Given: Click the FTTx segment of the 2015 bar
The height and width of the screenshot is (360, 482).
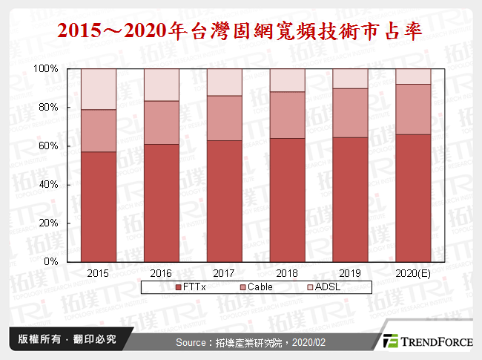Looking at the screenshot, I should [99, 206].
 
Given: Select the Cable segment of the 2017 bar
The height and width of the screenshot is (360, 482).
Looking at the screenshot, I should [224, 118].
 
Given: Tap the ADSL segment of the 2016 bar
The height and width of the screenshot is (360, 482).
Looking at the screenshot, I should [161, 85].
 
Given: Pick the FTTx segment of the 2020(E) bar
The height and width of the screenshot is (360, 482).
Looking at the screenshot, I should [412, 197].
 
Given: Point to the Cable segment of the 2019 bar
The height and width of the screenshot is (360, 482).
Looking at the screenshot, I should [350, 113].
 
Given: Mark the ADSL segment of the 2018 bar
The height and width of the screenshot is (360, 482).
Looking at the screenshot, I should [287, 80].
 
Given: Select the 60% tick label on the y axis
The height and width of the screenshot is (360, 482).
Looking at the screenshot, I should [48, 146].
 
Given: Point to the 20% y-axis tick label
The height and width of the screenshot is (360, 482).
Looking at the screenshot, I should [48, 223].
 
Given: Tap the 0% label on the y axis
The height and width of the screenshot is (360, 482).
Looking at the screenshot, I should [51, 262].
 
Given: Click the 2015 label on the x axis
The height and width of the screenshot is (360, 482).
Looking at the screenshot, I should [99, 273].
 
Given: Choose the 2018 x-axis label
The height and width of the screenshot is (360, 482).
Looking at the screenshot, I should [287, 273].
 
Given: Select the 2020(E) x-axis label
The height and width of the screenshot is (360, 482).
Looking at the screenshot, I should [412, 273].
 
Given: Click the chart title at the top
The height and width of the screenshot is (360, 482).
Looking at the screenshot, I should [240, 31].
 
